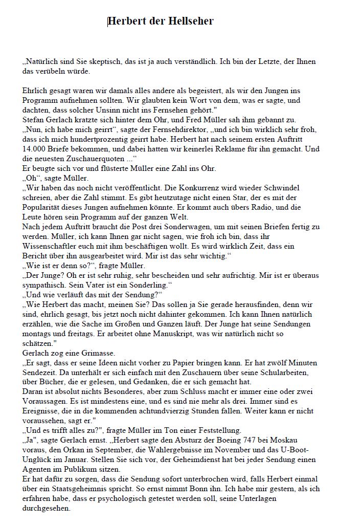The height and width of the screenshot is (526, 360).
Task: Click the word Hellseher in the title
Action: [x=188, y=21]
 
